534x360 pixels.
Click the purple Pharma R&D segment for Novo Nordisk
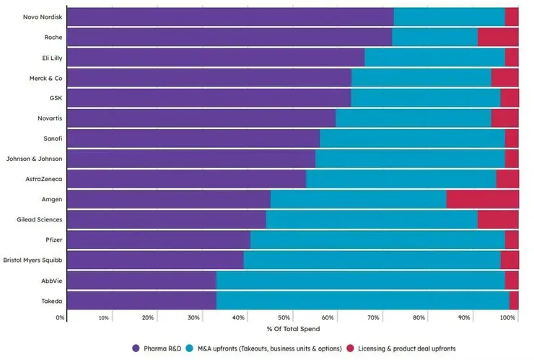click(230, 17)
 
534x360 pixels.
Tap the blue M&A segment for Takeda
click(362, 300)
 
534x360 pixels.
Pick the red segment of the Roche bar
click(498, 37)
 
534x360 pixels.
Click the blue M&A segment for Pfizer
click(377, 240)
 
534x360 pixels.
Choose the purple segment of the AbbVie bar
click(141, 280)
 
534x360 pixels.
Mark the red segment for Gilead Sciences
click(498, 219)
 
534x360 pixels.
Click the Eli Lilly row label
click(52, 57)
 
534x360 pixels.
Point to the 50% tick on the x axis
click(284, 317)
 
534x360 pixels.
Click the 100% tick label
click(508, 317)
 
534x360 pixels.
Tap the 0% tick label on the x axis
click(61, 317)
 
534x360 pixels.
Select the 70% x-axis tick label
click(374, 317)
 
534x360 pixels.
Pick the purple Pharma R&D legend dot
click(136, 348)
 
